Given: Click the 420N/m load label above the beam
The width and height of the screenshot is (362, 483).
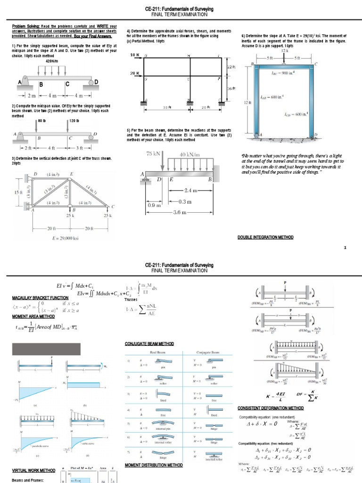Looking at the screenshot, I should pyautogui.click(x=52, y=61).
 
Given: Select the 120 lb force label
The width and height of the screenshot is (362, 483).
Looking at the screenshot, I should pyautogui.click(x=73, y=120).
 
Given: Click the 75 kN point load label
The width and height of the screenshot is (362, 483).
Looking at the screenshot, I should pyautogui.click(x=154, y=153).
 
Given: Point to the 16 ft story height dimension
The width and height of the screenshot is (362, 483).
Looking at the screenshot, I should pyautogui.click(x=230, y=88).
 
